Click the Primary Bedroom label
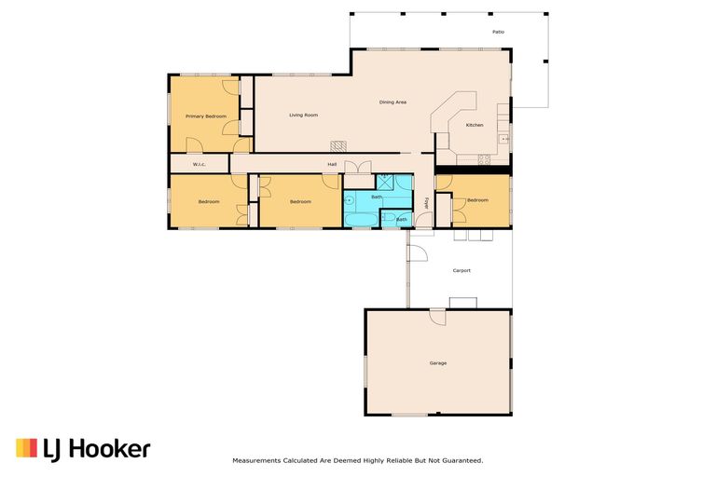[x=206, y=116]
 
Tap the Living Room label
[x=303, y=115]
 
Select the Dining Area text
[x=392, y=102]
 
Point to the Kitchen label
[x=475, y=125]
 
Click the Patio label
[x=498, y=32]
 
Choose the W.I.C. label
[x=200, y=164]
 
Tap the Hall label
[x=332, y=164]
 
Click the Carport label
[x=461, y=271]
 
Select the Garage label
[x=438, y=363]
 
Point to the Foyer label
[x=426, y=203]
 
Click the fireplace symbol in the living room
[x=338, y=146]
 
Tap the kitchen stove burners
[x=484, y=159]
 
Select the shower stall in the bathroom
[x=385, y=182]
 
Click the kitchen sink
[x=504, y=139]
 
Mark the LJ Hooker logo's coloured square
[x=26, y=448]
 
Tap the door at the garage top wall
[x=437, y=317]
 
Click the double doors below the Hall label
[x=358, y=167]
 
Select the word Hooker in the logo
[x=110, y=449]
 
